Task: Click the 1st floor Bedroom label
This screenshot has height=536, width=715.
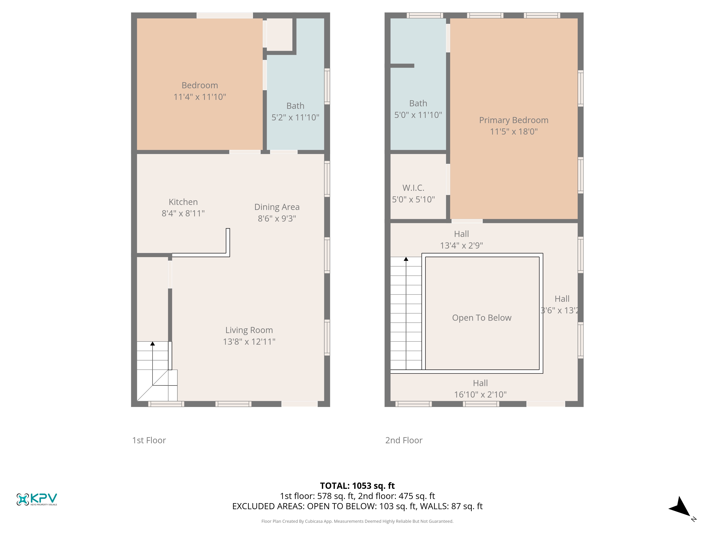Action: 200,85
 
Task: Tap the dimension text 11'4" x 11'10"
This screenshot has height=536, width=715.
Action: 200,97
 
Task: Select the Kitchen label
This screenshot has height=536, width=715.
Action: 183,202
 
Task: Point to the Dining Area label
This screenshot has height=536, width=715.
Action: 277,207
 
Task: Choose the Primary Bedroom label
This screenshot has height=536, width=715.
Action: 514,120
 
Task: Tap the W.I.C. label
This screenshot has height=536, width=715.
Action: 413,188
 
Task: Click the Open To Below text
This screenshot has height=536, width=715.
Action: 482,318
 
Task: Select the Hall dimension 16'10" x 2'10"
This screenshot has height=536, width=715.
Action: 480,394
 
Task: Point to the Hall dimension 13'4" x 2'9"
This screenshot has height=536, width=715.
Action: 462,245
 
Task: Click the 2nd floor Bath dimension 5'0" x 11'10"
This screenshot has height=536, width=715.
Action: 418,115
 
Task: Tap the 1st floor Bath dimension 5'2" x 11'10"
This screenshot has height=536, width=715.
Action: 295,118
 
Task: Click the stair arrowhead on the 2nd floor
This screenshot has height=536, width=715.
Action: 406,259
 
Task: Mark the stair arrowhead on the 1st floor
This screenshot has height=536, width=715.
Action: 153,343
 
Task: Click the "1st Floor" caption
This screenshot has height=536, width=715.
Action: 149,440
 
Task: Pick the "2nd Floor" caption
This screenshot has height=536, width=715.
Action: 404,440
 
